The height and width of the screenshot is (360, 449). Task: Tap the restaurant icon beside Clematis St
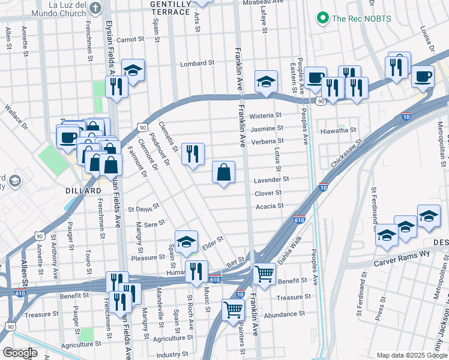pos(193,154)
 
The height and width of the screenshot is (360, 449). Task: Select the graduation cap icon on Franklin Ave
pos(266,82)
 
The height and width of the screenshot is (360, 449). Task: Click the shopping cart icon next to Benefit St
pos(264,274)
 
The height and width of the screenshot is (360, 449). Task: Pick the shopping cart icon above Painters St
pos(233,310)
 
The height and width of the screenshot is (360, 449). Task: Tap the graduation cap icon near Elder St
pos(187,242)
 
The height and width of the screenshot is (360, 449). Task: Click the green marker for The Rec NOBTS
pos(324,19)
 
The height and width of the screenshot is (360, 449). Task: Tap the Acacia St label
pos(270,206)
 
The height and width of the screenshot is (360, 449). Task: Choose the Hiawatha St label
pos(338,130)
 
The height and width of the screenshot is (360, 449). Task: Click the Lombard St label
pos(198,63)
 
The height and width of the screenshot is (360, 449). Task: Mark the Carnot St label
pos(130,39)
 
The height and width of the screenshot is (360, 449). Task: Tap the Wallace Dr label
pos(16,117)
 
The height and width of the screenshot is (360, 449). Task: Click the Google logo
pos(20,352)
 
